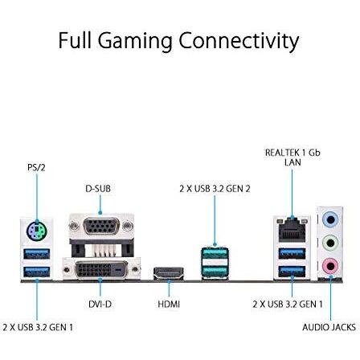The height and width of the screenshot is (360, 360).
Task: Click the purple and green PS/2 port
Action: pyautogui.click(x=37, y=230)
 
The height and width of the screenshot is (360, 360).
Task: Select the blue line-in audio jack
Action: pyautogui.click(x=330, y=220)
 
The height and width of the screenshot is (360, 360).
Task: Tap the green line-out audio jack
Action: pyautogui.click(x=330, y=243)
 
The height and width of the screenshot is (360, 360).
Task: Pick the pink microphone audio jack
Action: pyautogui.click(x=330, y=266)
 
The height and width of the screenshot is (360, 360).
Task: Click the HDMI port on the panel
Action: pyautogui.click(x=169, y=273)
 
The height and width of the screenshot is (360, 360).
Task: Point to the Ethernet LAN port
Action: pyautogui.click(x=292, y=229)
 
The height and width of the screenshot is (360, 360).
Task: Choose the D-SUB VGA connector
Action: pyautogui.click(x=101, y=227)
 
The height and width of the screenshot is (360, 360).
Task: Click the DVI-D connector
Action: pyautogui.click(x=101, y=269)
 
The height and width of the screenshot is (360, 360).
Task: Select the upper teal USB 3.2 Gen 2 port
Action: pyautogui.click(x=215, y=253)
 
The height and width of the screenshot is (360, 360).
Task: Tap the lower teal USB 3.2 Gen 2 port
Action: pyautogui.click(x=215, y=271)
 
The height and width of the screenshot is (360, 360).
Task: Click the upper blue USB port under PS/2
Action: pyautogui.click(x=37, y=254)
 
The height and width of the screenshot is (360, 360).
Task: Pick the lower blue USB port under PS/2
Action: pyautogui.click(x=37, y=272)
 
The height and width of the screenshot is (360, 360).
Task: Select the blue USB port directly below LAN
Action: pyautogui.click(x=292, y=254)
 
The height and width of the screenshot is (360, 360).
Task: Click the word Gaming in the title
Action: pyautogui.click(x=135, y=41)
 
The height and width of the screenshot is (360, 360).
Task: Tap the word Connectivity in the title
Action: pyautogui.click(x=239, y=41)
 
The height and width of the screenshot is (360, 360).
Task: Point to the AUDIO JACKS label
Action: pyautogui.click(x=329, y=327)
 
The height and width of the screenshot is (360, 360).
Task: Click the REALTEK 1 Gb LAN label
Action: pyautogui.click(x=292, y=157)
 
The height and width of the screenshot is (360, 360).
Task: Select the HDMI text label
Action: pyautogui.click(x=169, y=304)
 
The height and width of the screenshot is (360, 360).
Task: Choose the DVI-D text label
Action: pyautogui.click(x=100, y=304)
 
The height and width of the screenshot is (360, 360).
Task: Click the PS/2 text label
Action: pyautogui.click(x=36, y=168)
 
